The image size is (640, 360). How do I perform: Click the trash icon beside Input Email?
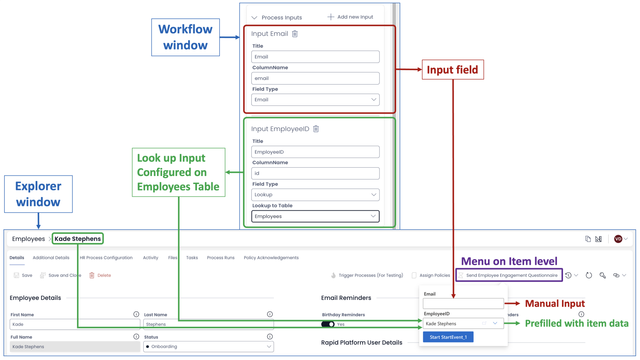295,34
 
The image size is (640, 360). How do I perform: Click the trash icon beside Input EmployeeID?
316,129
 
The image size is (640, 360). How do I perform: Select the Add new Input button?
350,17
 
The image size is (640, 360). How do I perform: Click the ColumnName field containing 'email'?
315,78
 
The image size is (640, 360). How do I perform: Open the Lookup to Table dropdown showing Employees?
315,216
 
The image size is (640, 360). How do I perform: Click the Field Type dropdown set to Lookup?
315,195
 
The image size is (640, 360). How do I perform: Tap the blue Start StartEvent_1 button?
448,337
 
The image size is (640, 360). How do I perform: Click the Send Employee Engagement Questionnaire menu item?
509,275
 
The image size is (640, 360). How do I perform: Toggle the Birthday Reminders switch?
328,324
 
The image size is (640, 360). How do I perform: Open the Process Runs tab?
221,258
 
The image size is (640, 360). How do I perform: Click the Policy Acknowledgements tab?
271,258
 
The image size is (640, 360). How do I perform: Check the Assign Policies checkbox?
414,275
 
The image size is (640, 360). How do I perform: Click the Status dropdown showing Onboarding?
208,347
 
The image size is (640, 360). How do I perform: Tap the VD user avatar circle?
618,239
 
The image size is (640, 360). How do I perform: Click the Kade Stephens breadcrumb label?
78,239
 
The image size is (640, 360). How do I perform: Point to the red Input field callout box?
453,70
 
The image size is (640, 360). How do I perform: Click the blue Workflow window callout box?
186,37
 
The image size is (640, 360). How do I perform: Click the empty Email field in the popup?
463,303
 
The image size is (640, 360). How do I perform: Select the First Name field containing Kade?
75,324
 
